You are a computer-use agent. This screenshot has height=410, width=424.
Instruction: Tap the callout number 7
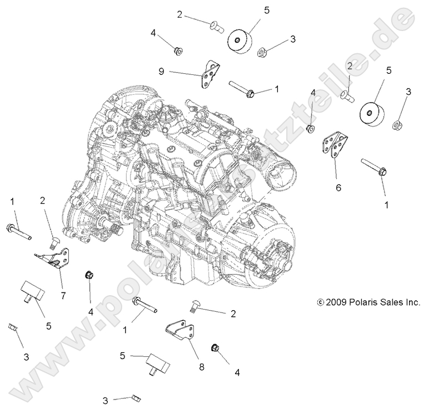[63, 296]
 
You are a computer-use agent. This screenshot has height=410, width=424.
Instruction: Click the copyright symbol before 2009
[320, 302]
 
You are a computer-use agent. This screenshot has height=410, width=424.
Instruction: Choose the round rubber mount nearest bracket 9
[240, 42]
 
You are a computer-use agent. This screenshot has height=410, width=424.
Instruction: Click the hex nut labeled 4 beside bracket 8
[215, 348]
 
